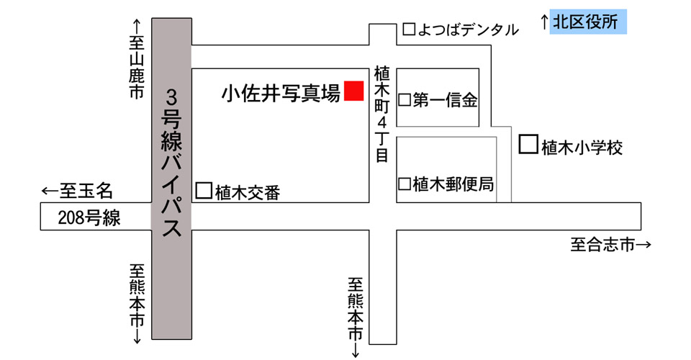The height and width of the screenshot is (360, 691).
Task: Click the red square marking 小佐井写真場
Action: pos(353,91)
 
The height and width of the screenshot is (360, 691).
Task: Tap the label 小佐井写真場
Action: pos(281,93)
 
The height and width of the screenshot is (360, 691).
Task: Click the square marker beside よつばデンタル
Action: pos(409,30)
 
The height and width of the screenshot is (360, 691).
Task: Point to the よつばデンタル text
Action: pos(469,30)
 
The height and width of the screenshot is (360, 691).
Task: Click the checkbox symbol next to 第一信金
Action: pos(405,100)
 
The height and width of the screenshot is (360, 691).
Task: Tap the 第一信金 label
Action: pos(445,100)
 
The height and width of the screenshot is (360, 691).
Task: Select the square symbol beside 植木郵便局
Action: pos(405,184)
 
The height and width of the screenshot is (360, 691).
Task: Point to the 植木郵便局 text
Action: pos(453,184)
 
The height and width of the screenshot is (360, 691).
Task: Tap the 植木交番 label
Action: pos(247,192)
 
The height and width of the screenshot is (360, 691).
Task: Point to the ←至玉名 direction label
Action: pos(78,191)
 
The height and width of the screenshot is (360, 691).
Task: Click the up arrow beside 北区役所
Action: pos(545,22)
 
